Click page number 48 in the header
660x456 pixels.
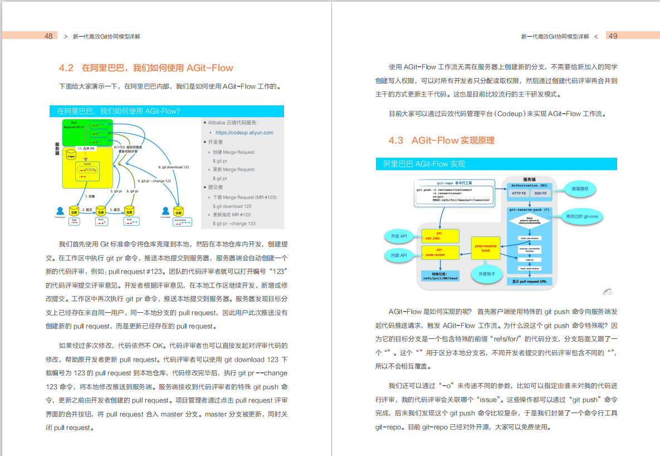click(x=48, y=36)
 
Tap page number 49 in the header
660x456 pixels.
click(x=613, y=36)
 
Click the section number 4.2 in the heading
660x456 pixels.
click(x=66, y=68)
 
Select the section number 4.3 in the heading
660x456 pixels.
click(x=396, y=140)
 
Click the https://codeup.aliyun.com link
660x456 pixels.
click(x=244, y=133)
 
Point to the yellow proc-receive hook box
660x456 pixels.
click(x=486, y=248)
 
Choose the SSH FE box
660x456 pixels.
click(x=540, y=193)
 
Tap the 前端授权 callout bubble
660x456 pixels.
click(x=583, y=189)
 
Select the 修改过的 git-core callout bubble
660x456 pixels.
click(x=585, y=216)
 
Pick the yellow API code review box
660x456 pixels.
click(x=439, y=253)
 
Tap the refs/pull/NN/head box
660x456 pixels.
click(x=439, y=276)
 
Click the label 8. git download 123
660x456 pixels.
click(x=173, y=167)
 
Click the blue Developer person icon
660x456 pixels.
click(x=60, y=211)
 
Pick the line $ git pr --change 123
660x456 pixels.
click(x=234, y=224)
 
